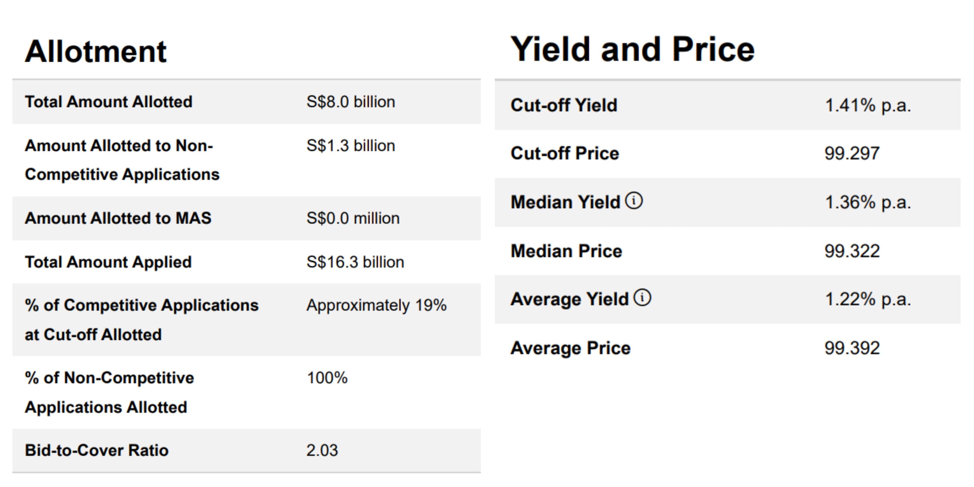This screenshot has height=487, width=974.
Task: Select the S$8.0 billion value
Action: tap(351, 102)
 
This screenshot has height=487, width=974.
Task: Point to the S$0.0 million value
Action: tap(353, 219)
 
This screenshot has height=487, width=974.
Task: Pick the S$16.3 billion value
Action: tap(355, 262)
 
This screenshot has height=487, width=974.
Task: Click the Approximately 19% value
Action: tap(376, 306)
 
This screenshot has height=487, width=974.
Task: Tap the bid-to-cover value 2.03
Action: tap(322, 451)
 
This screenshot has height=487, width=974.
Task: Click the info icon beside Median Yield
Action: tap(634, 200)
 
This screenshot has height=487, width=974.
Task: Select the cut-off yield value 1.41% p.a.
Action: tap(868, 105)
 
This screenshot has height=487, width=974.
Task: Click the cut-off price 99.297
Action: tap(852, 154)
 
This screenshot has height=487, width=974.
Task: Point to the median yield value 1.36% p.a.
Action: tap(868, 202)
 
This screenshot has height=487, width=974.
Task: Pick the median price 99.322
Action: tap(852, 251)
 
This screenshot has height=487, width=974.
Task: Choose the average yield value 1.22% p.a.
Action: tap(868, 299)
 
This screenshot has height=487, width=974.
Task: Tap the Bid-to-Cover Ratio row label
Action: tap(96, 451)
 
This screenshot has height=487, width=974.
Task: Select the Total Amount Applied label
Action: tap(108, 262)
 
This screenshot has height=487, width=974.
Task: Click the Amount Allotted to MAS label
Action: tap(118, 219)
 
